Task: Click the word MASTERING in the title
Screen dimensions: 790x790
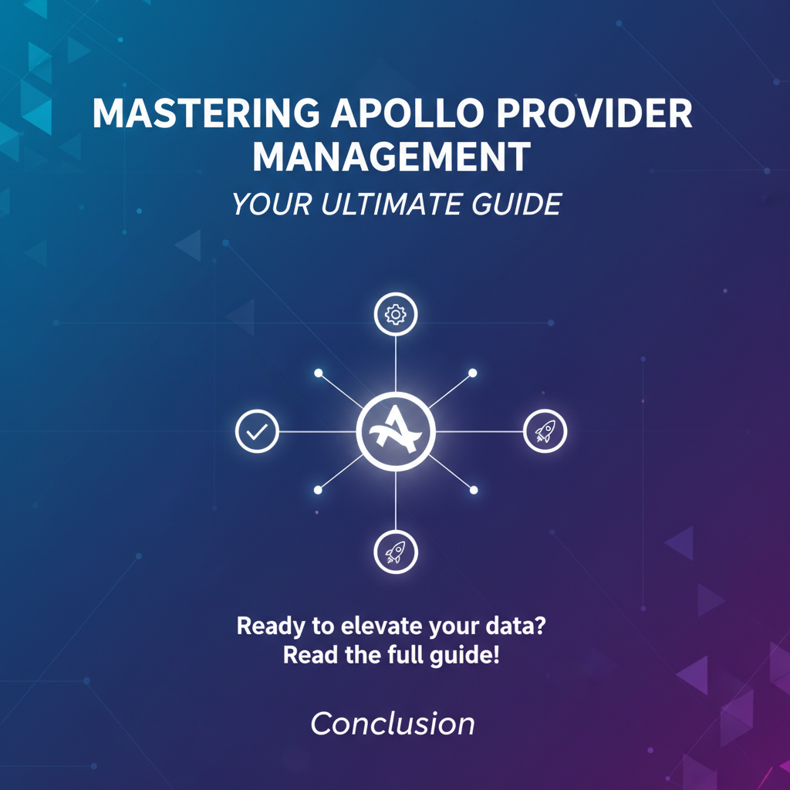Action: tap(205, 113)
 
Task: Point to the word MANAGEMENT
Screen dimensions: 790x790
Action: tap(391, 156)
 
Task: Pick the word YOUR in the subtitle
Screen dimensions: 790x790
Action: tap(271, 204)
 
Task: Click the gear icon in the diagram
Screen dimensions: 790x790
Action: tap(396, 315)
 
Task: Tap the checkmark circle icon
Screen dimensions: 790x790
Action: tap(257, 431)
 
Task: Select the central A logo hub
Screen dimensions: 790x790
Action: tap(396, 431)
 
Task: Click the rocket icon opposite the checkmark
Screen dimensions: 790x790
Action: tap(545, 431)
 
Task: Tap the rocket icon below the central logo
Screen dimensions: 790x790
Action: tap(396, 552)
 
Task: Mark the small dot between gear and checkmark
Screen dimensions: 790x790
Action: tap(319, 373)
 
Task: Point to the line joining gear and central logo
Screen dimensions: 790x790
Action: tap(396, 364)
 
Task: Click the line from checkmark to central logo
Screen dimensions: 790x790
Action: tap(317, 432)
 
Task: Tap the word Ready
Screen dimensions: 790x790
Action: tap(271, 626)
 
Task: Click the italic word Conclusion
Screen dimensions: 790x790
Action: tap(393, 724)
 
